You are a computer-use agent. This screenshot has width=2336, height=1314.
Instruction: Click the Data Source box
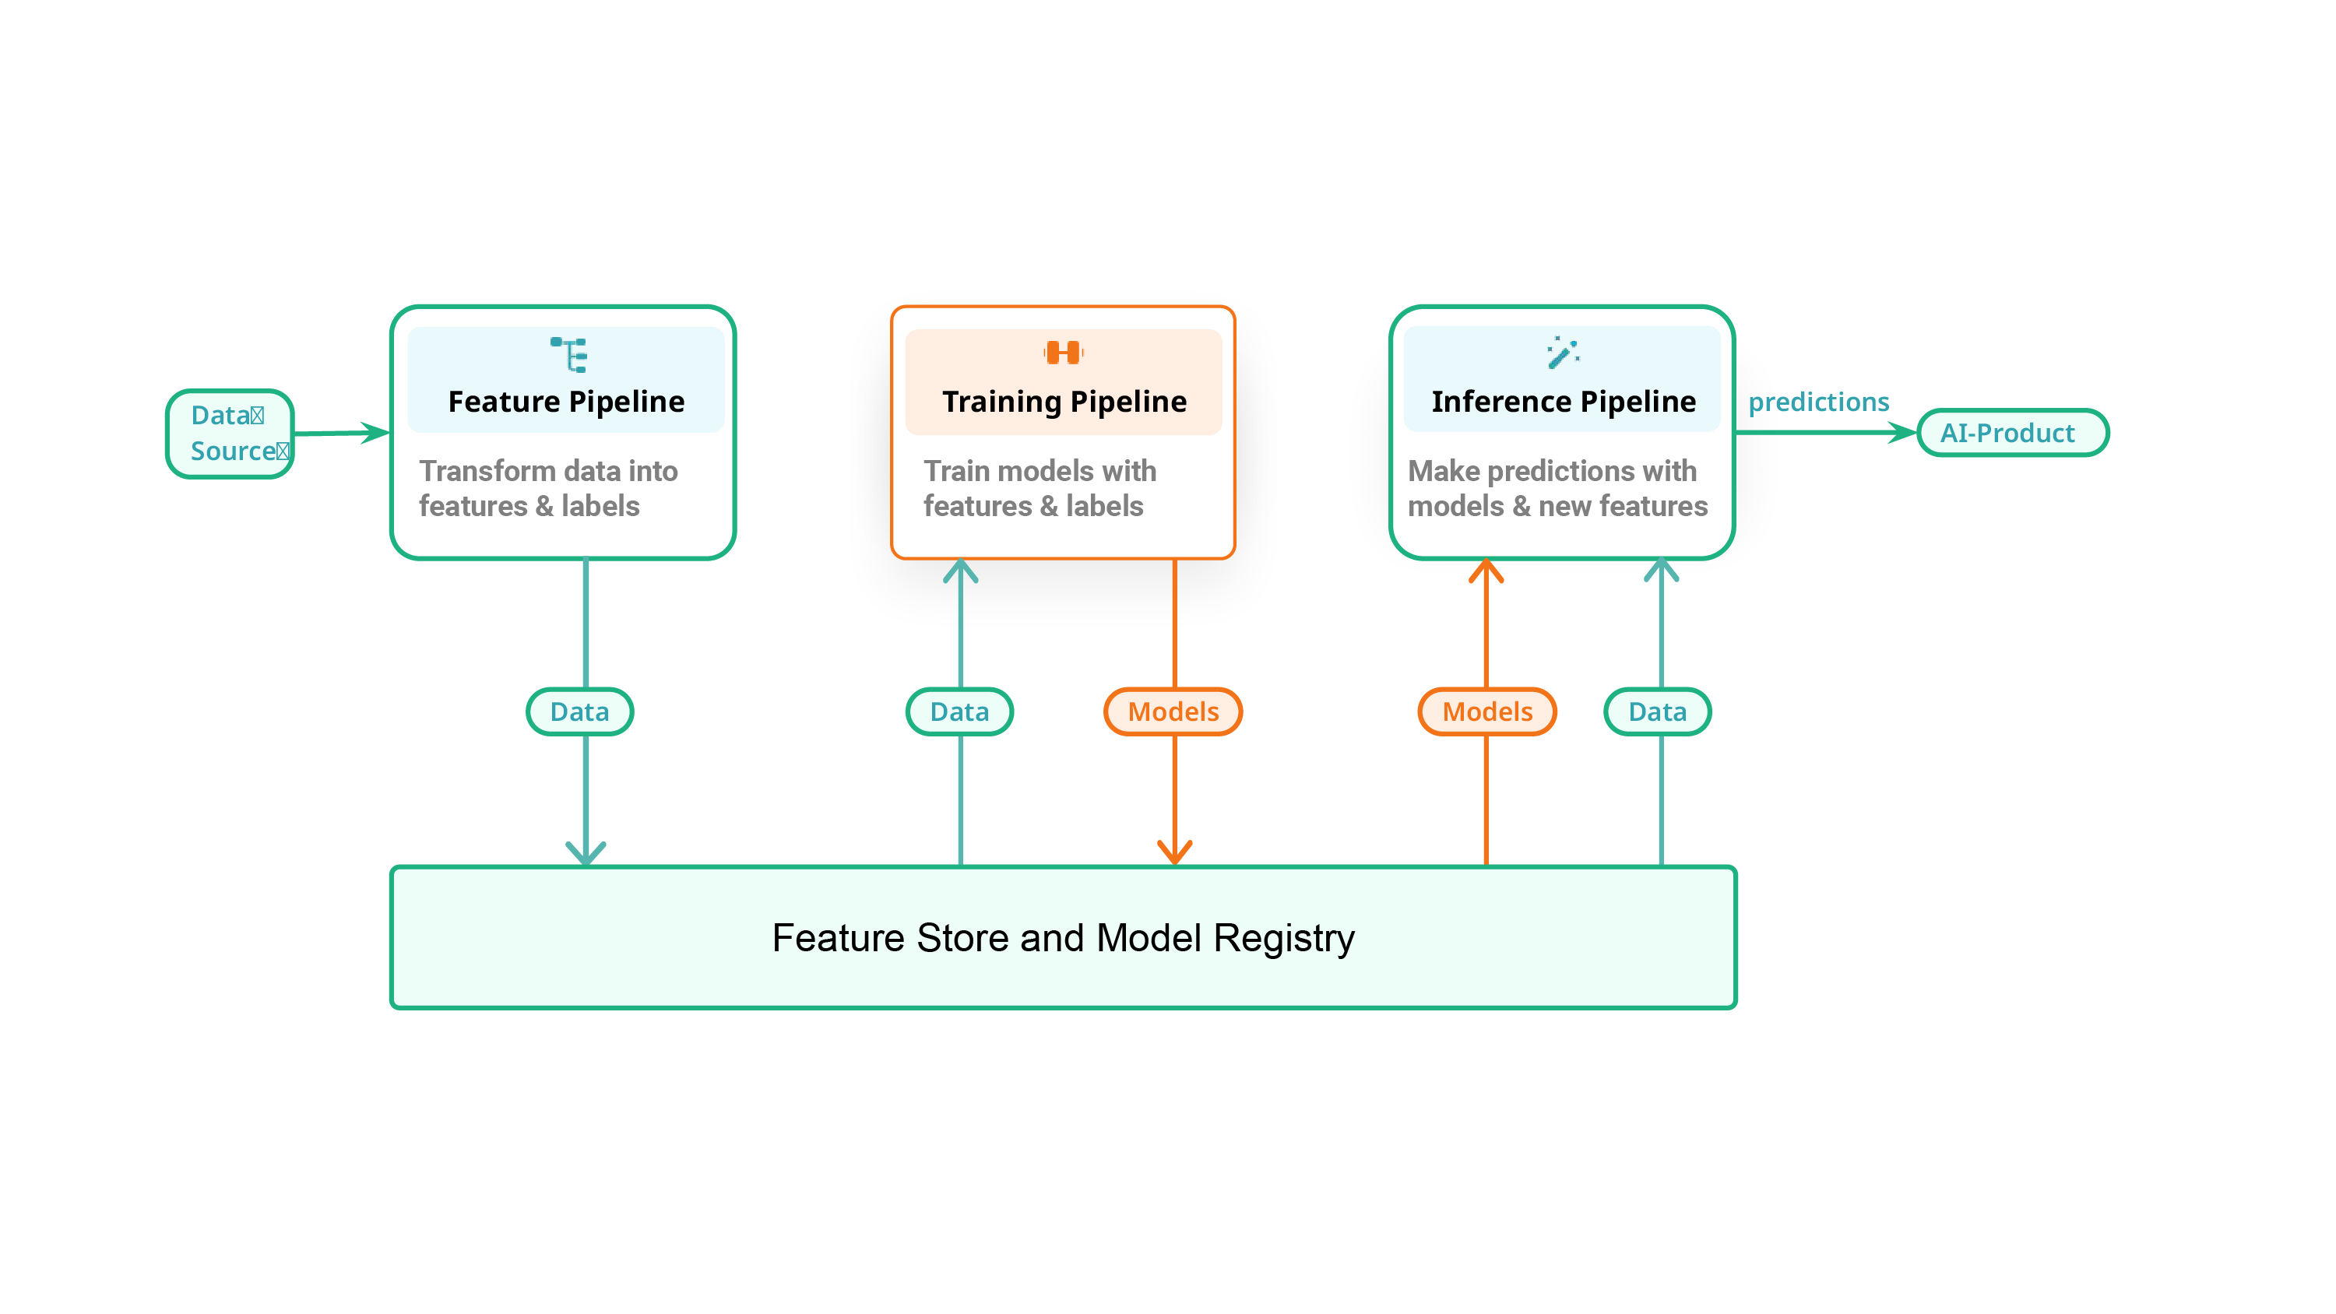[230, 434]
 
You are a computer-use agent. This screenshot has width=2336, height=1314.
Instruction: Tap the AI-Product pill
[2011, 433]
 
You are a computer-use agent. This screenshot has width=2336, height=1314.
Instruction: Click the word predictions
[1818, 402]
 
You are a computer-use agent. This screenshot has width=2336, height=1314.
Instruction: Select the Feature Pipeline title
[566, 401]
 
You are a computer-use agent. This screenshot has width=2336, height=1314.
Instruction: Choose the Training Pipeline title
[1064, 401]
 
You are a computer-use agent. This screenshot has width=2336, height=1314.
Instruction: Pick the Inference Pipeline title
[1563, 401]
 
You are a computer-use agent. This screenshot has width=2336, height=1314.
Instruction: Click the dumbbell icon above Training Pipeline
[1063, 352]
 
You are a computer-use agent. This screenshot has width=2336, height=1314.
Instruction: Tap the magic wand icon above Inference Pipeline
[1563, 352]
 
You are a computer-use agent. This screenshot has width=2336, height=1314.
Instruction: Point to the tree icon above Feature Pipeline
[569, 353]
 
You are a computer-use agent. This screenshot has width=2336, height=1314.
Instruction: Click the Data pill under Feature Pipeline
[579, 711]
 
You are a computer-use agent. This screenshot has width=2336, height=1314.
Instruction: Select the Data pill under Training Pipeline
[959, 711]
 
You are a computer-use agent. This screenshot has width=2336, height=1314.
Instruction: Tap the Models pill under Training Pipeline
[1173, 711]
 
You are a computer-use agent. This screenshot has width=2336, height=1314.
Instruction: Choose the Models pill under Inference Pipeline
[1487, 711]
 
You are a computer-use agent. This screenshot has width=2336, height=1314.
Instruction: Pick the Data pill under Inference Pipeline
[1658, 711]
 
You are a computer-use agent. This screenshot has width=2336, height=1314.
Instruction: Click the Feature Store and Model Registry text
[1063, 938]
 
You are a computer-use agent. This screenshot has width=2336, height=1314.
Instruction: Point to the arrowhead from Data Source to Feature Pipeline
[374, 433]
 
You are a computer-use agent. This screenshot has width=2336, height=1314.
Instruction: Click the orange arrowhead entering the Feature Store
[1174, 852]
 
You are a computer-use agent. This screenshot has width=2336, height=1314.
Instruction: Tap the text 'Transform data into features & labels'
[547, 488]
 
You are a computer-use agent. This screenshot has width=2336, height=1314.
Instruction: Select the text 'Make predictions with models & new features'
[1557, 488]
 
